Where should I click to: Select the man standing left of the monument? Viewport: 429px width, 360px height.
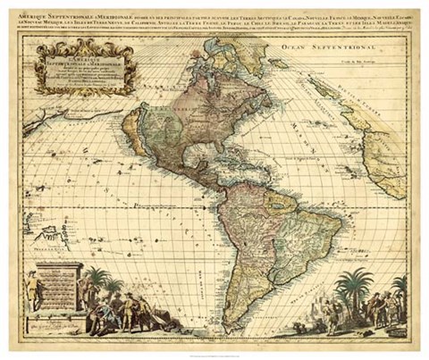tap(30, 295)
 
